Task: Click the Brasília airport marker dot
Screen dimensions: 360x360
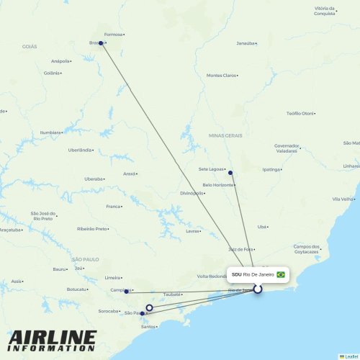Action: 102,43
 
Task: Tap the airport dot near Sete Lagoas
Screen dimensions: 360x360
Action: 230,173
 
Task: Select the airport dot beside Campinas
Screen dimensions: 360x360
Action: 127,292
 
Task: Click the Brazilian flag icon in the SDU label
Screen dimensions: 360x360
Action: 281,274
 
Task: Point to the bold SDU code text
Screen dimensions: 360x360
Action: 236,274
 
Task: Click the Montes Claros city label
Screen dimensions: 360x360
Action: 221,75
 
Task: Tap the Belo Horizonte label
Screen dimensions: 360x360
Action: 218,185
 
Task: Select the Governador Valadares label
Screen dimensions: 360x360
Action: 286,148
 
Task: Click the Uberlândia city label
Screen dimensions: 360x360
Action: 80,150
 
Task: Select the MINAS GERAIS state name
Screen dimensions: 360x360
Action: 225,135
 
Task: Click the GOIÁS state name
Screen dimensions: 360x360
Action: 29,46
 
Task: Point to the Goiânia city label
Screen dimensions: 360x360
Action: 51,73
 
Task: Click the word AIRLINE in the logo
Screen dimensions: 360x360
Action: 52,337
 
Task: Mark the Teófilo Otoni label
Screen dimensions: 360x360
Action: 300,113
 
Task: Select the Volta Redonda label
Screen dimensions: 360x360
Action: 212,276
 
